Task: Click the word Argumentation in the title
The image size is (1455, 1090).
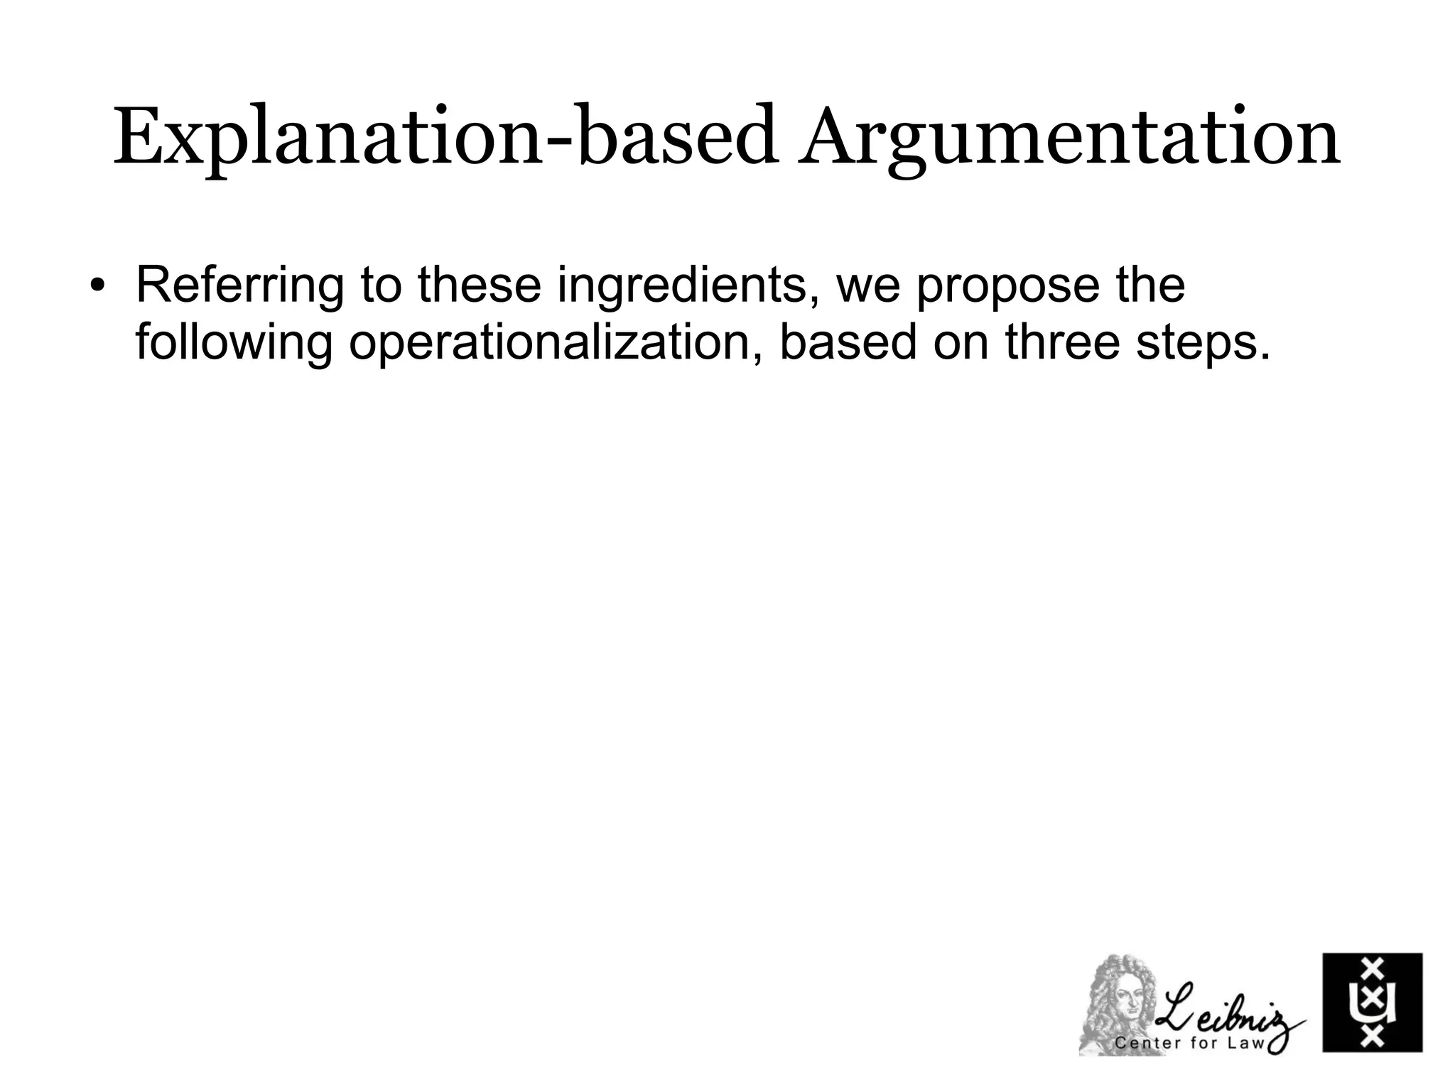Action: point(1069,138)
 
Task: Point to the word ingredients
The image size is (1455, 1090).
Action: point(686,285)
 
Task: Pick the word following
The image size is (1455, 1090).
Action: point(234,342)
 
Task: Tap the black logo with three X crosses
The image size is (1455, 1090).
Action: point(1372,1002)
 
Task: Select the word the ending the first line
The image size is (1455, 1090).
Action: point(1151,284)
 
